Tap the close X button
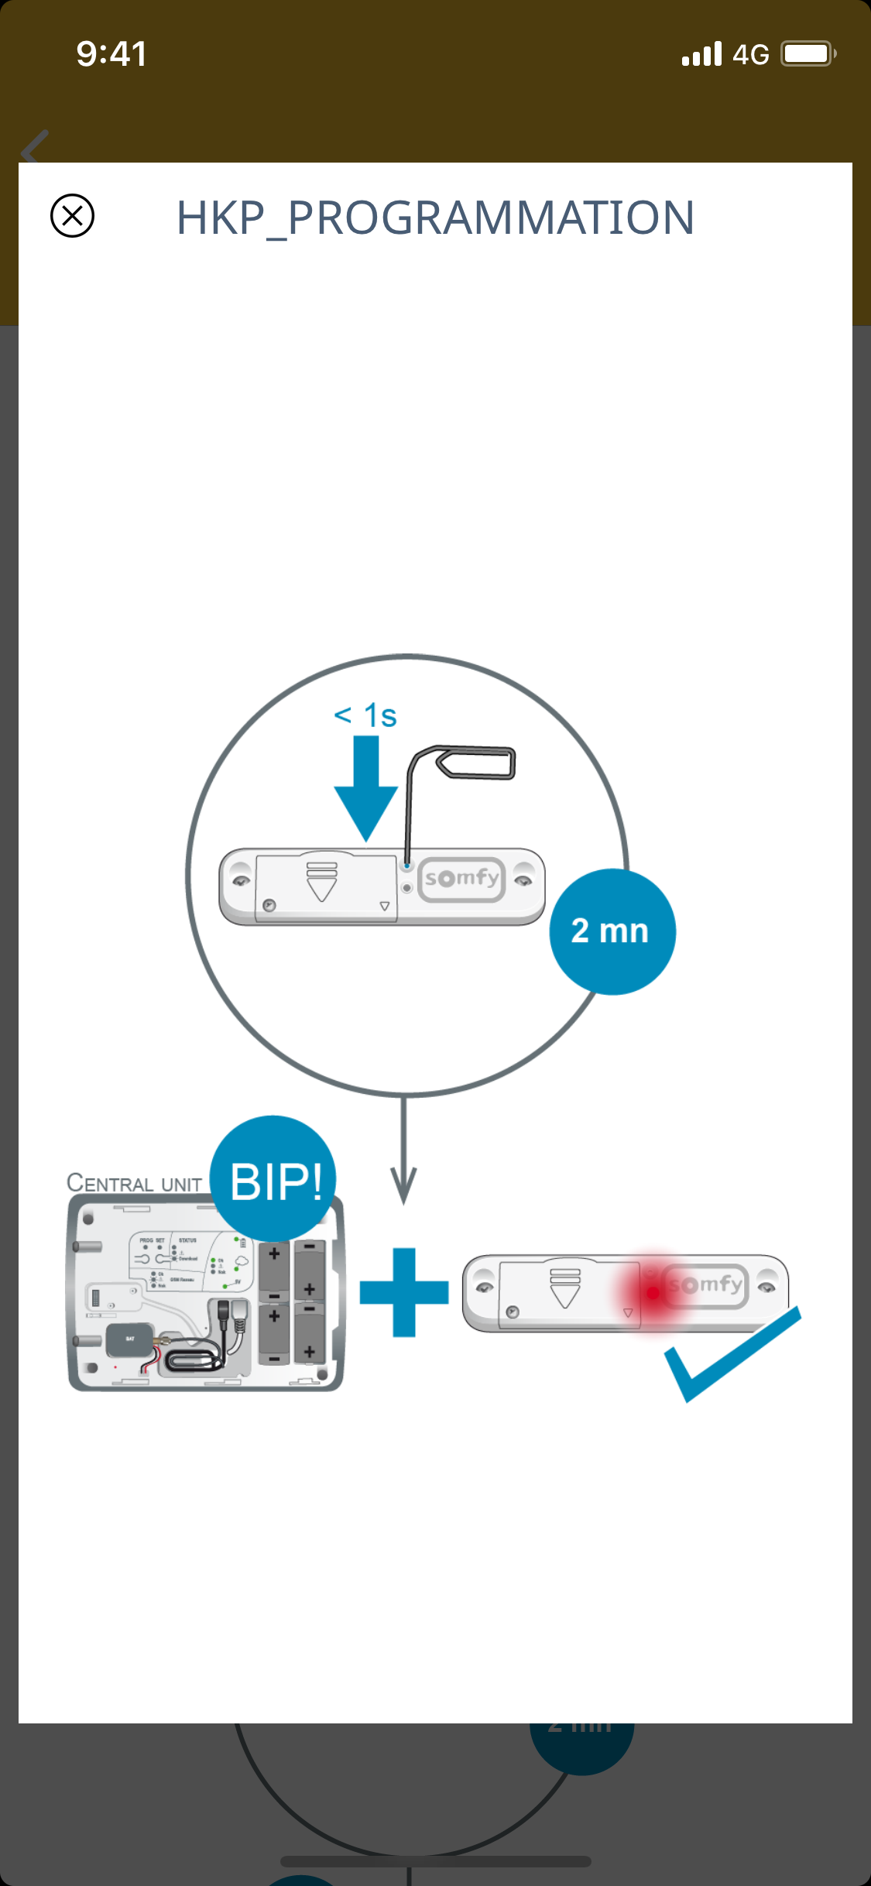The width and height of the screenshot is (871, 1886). click(x=72, y=215)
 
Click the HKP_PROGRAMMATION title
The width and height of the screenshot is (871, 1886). click(x=435, y=218)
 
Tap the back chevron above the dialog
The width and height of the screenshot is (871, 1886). click(x=35, y=146)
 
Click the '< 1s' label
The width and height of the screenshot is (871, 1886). click(x=365, y=715)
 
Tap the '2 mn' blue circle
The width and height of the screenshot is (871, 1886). click(x=612, y=931)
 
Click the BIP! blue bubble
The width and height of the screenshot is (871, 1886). click(x=274, y=1179)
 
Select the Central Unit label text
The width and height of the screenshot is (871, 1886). click(x=134, y=1184)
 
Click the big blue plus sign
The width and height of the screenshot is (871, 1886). click(x=404, y=1292)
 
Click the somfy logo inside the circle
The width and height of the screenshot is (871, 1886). click(x=462, y=879)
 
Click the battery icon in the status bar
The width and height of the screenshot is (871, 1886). click(x=808, y=54)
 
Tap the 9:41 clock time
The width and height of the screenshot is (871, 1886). click(x=111, y=54)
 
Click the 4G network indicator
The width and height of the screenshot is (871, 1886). click(x=750, y=55)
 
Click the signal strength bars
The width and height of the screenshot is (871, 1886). click(x=701, y=54)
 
